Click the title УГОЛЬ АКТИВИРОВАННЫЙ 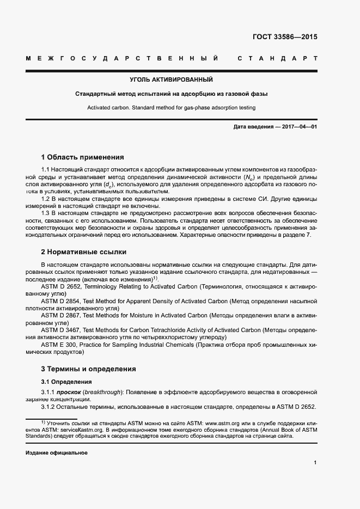[x=175, y=80]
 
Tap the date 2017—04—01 [x=296, y=127]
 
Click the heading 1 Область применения [x=82, y=157]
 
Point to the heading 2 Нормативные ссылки [x=84, y=252]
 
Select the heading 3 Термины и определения [x=88, y=369]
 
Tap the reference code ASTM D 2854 [x=60, y=301]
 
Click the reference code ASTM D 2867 [x=60, y=315]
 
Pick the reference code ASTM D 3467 [x=60, y=330]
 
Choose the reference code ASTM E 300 [x=58, y=345]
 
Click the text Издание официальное [x=57, y=452]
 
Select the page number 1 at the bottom [x=315, y=463]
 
